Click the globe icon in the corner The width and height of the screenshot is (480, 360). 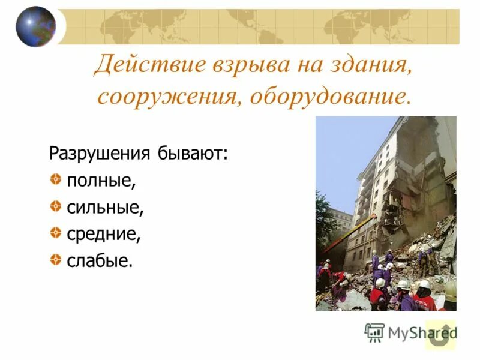[x=35, y=26]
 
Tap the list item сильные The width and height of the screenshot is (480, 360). [x=105, y=208]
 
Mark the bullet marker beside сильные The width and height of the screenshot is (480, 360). [x=55, y=207]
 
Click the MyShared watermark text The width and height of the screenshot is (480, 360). [x=420, y=332]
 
